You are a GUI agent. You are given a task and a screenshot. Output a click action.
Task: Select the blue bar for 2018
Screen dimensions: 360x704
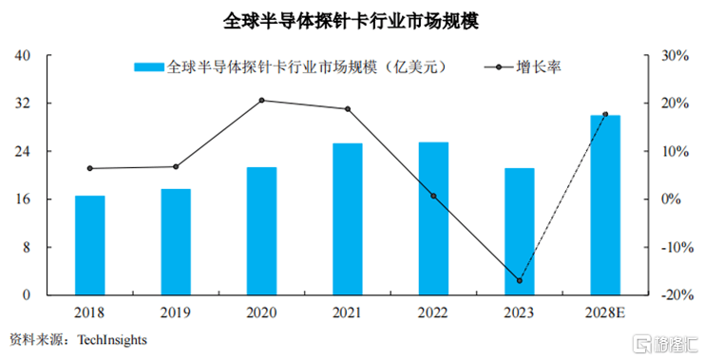click(x=90, y=245)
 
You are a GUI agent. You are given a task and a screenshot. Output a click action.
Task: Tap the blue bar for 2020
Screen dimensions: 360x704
click(x=261, y=231)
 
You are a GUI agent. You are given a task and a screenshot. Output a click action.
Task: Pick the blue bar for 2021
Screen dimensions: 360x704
click(x=347, y=218)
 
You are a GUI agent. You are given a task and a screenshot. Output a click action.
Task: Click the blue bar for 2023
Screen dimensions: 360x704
click(x=519, y=231)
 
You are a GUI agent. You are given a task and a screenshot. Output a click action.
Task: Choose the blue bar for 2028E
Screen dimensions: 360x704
click(x=605, y=204)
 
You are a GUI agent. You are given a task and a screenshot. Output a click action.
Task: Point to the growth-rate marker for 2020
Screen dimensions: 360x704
click(x=261, y=101)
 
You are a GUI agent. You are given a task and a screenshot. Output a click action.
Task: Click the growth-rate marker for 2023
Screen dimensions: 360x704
click(x=519, y=281)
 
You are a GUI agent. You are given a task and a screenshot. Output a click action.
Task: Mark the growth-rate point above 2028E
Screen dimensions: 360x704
click(x=605, y=114)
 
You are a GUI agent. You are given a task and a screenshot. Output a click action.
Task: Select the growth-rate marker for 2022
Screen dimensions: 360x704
click(x=433, y=196)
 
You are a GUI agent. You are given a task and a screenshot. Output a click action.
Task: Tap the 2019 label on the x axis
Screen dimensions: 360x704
click(x=176, y=312)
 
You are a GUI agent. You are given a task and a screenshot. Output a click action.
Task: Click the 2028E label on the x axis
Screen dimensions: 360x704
click(x=605, y=312)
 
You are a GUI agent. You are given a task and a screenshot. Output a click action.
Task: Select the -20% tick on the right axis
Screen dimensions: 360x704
click(x=674, y=295)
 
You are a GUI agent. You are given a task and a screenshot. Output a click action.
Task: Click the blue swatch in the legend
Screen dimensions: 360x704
click(x=149, y=67)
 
